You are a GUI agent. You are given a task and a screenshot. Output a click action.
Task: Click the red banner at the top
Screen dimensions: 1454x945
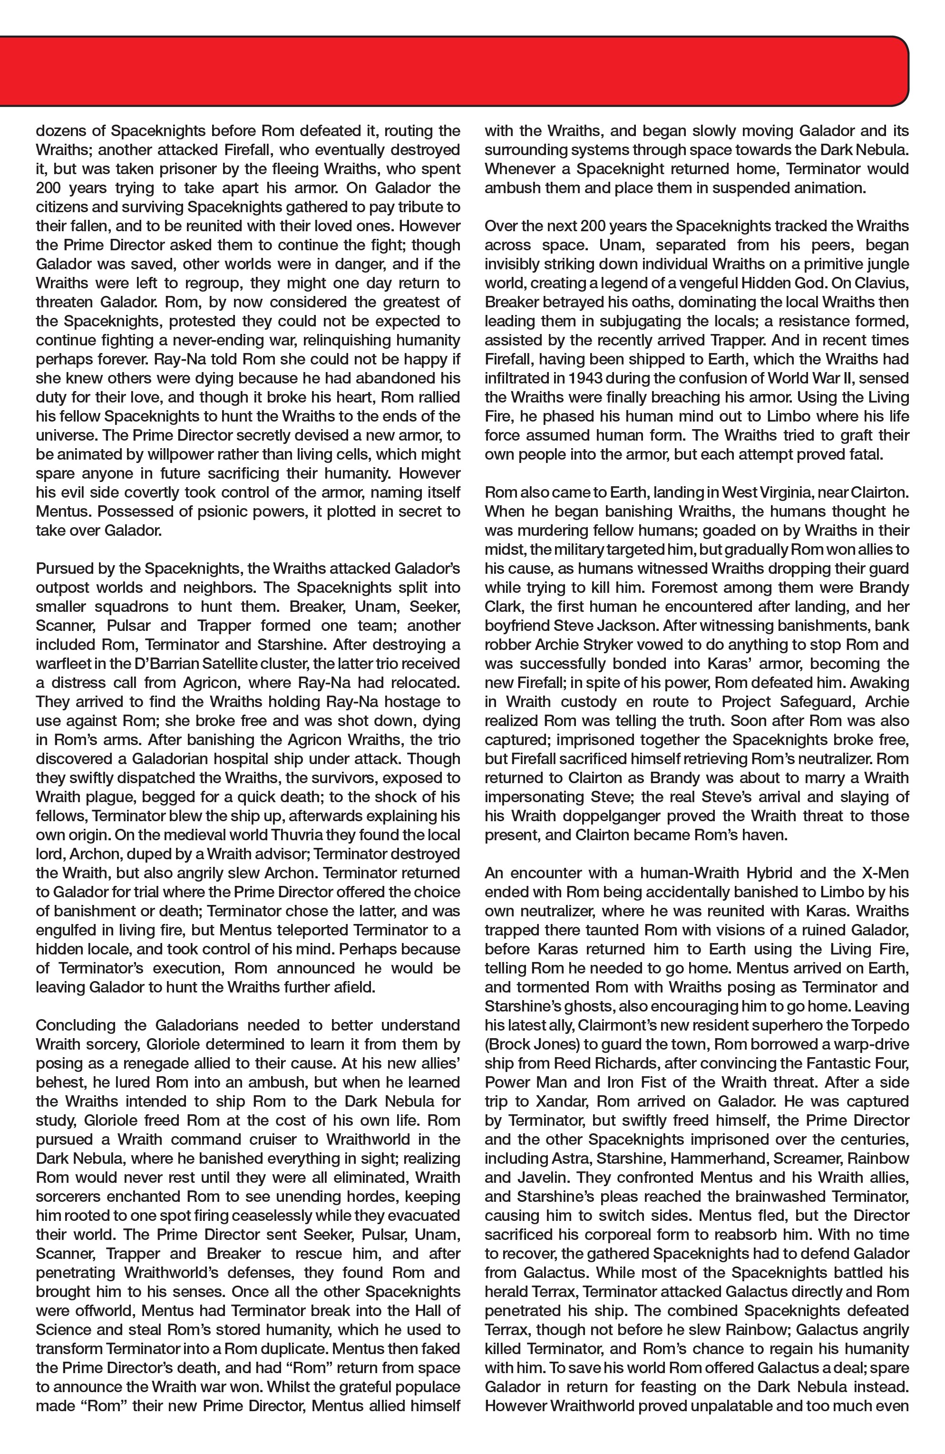(x=452, y=70)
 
